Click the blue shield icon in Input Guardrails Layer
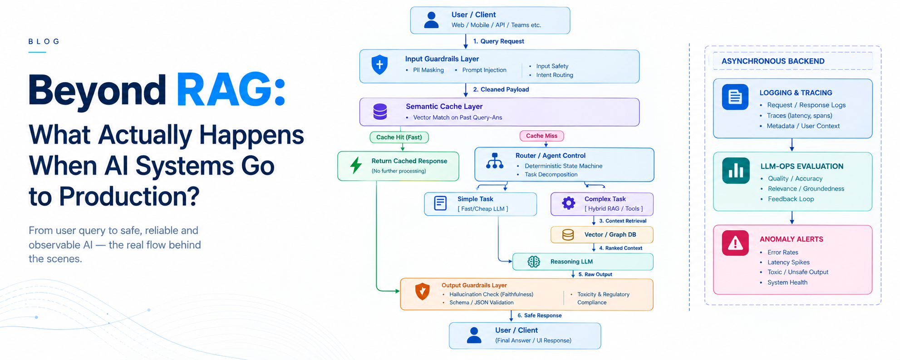coord(379,65)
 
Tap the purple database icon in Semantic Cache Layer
coord(380,112)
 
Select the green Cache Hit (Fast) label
coord(399,137)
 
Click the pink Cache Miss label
coord(541,136)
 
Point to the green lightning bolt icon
coord(356,165)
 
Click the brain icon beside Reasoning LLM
coord(534,261)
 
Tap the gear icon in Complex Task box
coord(569,203)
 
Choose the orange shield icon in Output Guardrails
coord(423,291)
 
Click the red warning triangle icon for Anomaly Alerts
coord(735,243)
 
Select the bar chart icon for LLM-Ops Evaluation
coord(736,170)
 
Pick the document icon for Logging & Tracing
coord(735,97)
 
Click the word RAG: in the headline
coord(231,90)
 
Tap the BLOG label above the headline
coord(44,41)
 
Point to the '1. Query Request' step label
coord(498,41)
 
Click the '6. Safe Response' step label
coord(540,316)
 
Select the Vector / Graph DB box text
coord(610,235)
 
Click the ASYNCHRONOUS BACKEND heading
coord(773,61)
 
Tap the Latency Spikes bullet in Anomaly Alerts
coord(788,262)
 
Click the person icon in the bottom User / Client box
coord(474,335)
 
